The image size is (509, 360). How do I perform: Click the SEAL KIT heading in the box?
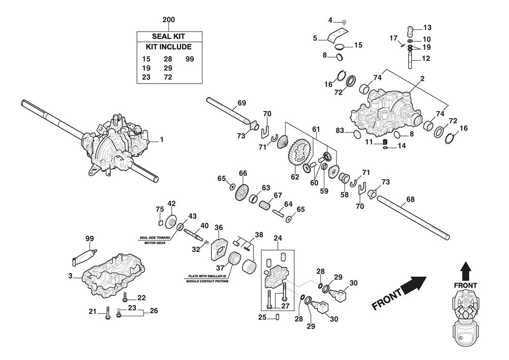click(x=168, y=36)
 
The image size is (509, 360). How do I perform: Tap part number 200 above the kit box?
click(x=168, y=20)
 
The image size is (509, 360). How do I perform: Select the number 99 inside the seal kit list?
click(x=190, y=59)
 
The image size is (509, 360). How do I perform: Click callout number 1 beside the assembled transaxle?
click(x=162, y=139)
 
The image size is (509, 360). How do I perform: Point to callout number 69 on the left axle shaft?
click(x=242, y=103)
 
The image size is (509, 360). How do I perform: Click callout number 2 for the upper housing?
click(x=422, y=79)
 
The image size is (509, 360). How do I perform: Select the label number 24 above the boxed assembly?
click(x=277, y=237)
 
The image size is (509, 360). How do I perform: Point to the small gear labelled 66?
click(x=242, y=191)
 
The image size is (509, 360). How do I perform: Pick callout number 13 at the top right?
click(x=427, y=27)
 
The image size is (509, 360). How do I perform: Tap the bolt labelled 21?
click(x=108, y=316)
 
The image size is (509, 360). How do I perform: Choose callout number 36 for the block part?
click(x=219, y=228)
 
